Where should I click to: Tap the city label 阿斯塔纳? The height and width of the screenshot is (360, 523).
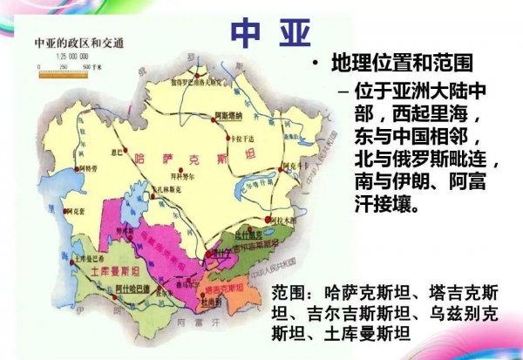(x=229, y=113)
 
